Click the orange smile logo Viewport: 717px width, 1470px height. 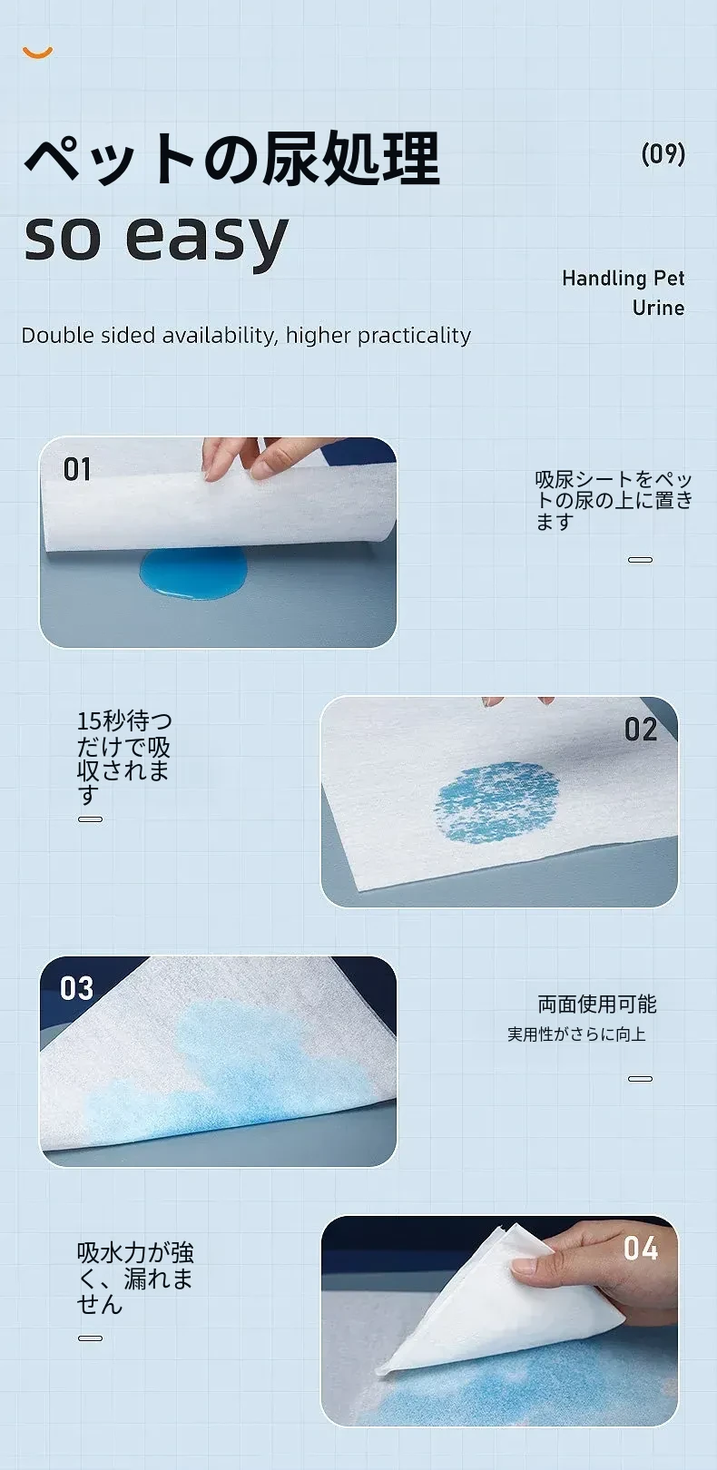tap(37, 54)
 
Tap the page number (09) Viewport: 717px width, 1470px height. tap(663, 153)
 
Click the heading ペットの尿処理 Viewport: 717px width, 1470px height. tap(231, 158)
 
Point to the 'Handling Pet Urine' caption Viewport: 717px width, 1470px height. tap(624, 293)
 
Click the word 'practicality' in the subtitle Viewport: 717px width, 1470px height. tap(414, 336)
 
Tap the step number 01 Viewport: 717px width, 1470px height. tap(77, 470)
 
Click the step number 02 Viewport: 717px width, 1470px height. tap(640, 730)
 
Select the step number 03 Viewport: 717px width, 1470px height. tap(77, 988)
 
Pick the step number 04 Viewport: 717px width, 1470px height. tap(640, 1249)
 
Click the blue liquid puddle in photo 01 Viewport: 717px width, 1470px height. tap(193, 572)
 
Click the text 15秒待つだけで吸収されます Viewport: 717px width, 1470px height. tap(124, 758)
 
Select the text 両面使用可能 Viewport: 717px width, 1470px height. tap(597, 1004)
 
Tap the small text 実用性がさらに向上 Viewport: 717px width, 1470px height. tap(576, 1035)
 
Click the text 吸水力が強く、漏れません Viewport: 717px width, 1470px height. tap(135, 1278)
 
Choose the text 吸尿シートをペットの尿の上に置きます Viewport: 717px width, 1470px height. tap(614, 501)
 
